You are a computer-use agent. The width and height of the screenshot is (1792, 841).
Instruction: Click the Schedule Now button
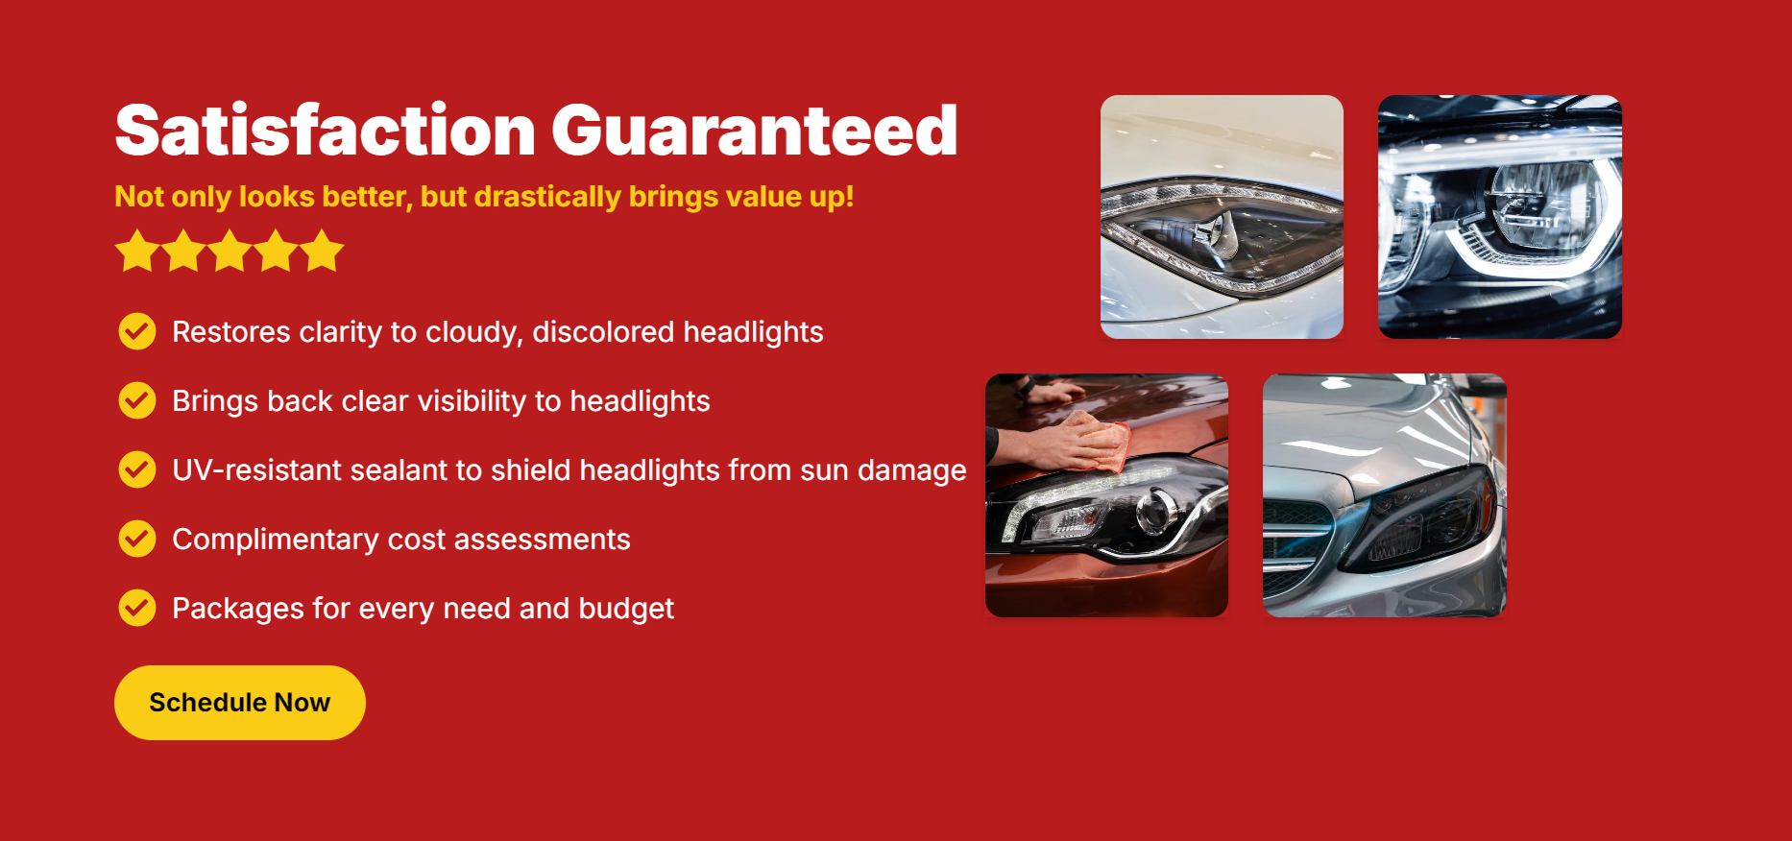[x=240, y=703]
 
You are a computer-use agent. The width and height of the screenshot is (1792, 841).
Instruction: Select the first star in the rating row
[x=137, y=251]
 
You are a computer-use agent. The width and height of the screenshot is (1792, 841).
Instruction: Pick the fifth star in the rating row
[x=322, y=251]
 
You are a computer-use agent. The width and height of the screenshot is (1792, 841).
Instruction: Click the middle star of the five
[x=230, y=251]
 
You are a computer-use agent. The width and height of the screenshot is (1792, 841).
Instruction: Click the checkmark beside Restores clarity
[x=137, y=331]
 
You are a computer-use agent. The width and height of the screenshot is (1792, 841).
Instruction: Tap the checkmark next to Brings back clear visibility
[x=137, y=400]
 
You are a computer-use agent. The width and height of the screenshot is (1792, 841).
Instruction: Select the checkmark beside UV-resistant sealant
[x=137, y=469]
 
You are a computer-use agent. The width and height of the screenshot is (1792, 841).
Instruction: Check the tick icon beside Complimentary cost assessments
[x=137, y=539]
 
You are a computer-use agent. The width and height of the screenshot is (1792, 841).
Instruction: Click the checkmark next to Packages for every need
[x=137, y=608]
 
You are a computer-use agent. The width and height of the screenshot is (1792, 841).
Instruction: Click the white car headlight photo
[x=1222, y=217]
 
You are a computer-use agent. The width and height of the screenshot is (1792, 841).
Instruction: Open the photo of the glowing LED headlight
[x=1500, y=217]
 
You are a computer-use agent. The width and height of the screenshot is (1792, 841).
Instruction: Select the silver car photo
[x=1385, y=495]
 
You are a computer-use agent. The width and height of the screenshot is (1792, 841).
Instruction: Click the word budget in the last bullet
[x=626, y=609]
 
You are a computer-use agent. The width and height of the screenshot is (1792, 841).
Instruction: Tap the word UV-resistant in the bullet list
[x=256, y=470]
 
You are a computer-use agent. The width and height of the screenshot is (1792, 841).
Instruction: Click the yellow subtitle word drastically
[x=548, y=197]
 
